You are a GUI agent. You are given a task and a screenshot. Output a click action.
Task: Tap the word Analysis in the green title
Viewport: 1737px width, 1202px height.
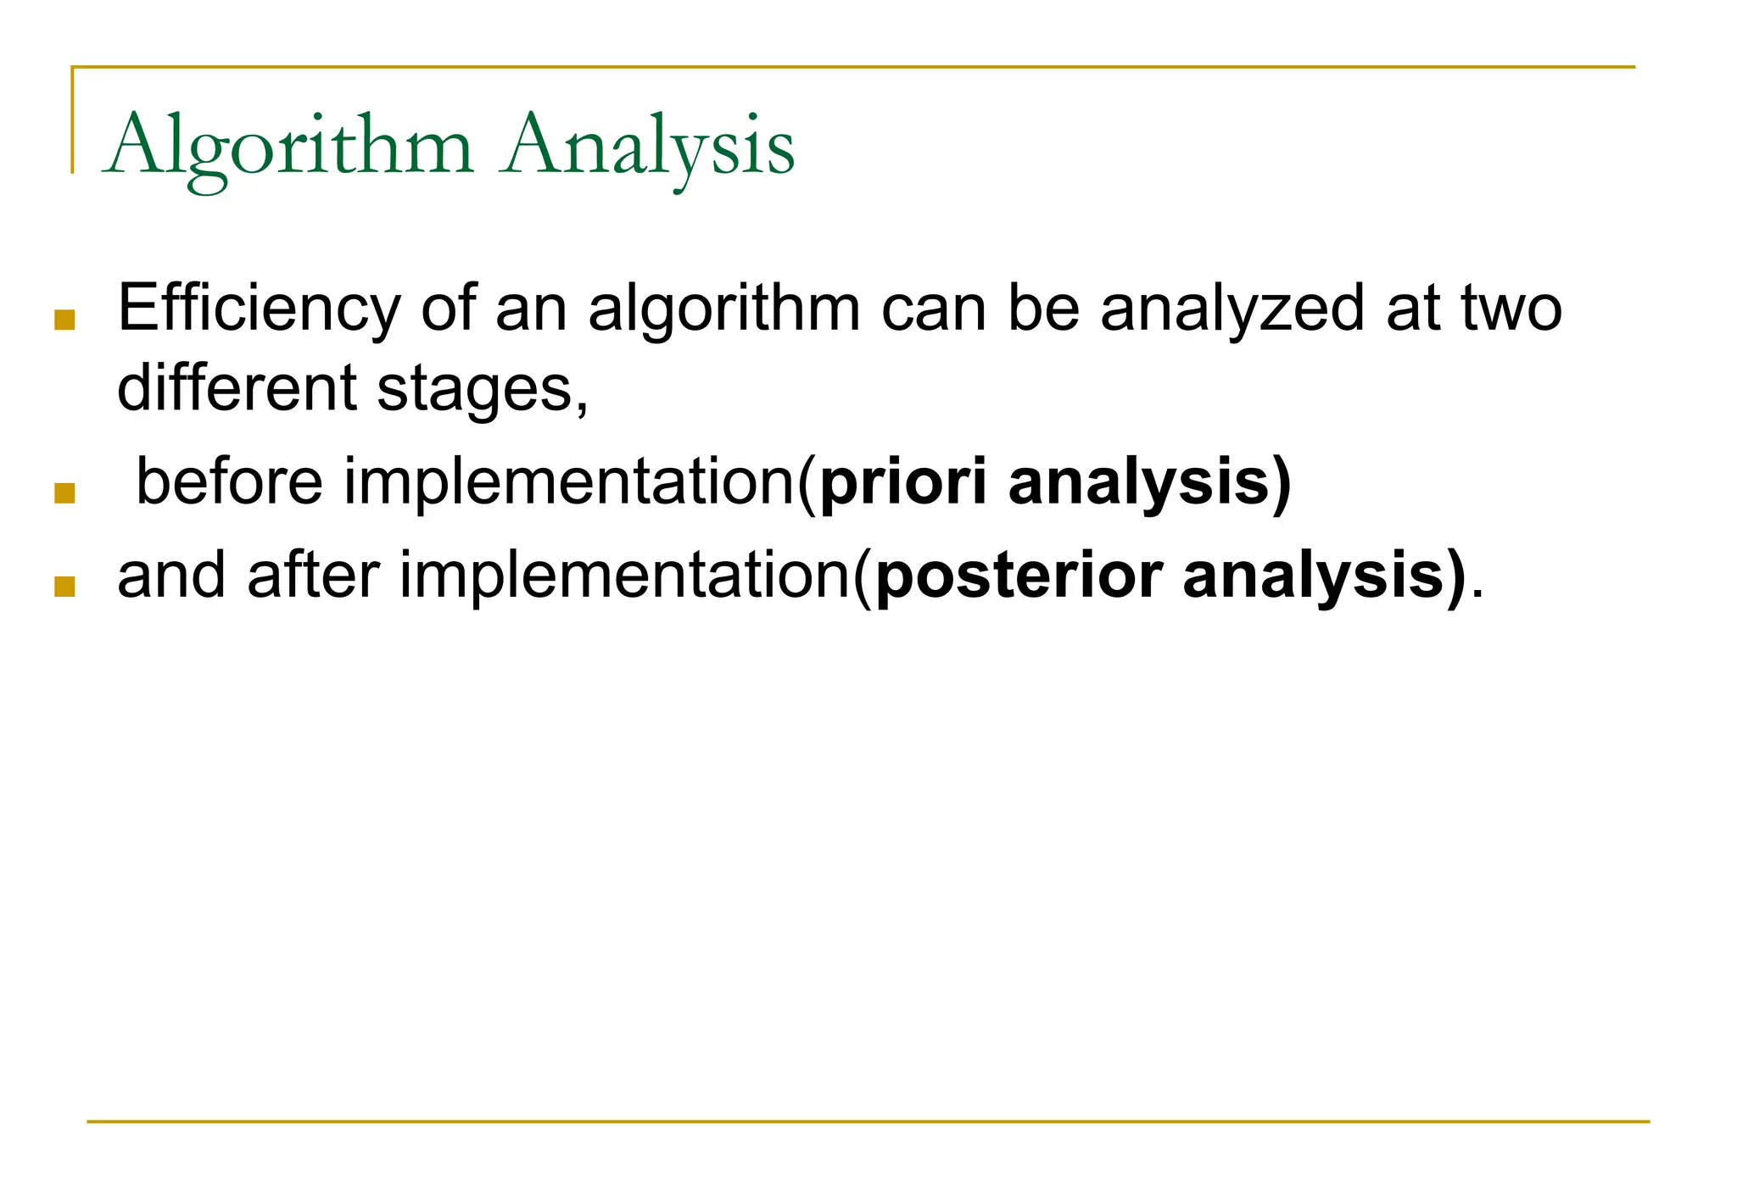coord(647,146)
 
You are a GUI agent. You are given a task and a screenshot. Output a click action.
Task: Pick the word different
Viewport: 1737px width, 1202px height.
coord(236,388)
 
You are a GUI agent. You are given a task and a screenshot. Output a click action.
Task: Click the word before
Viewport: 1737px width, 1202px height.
coord(229,481)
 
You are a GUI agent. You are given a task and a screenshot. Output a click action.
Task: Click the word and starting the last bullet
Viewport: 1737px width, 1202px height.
coord(171,576)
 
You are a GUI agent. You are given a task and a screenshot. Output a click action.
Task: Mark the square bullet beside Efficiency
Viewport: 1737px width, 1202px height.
coord(64,320)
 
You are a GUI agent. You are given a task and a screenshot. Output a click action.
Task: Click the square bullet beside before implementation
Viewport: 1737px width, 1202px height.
coord(64,494)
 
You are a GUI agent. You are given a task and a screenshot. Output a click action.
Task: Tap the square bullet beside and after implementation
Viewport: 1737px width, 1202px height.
coord(64,587)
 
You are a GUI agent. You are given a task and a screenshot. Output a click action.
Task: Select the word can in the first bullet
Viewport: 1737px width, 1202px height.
coord(933,309)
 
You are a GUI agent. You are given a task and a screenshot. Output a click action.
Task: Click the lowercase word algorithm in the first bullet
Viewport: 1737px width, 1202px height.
coord(723,309)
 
